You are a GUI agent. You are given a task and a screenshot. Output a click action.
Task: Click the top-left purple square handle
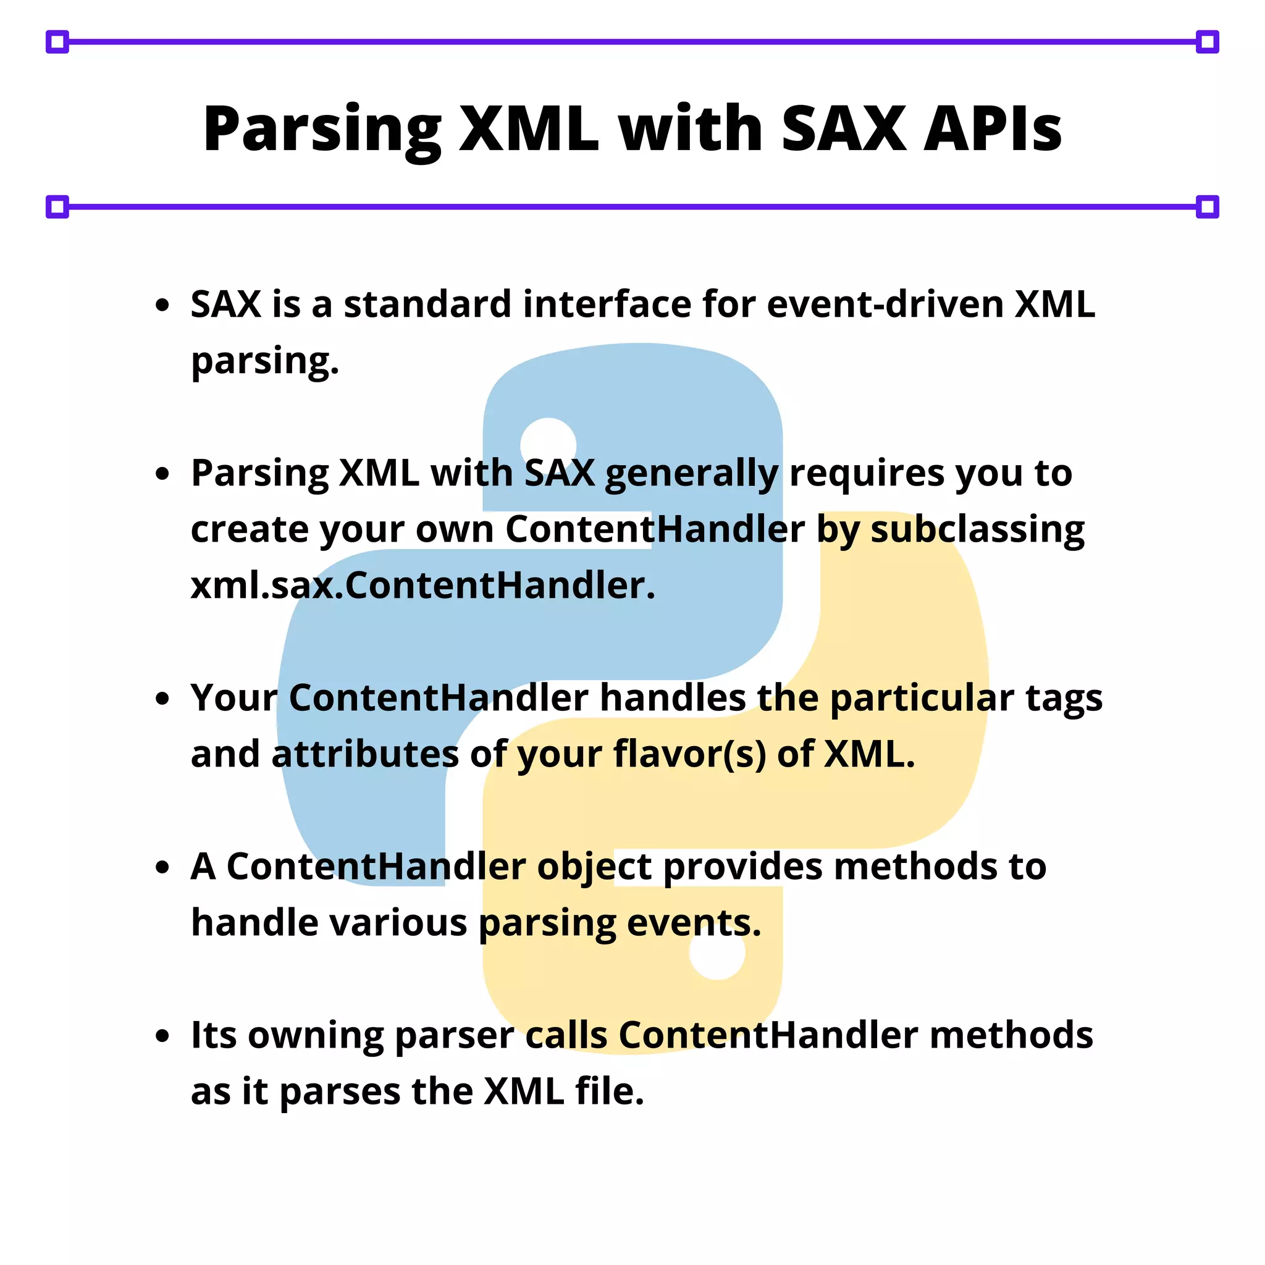point(57,42)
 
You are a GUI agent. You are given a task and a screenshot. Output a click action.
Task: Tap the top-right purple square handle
point(1208,42)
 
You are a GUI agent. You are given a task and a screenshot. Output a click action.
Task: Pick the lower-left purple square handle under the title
point(57,207)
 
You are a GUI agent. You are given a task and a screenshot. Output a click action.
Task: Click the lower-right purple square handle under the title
point(1208,207)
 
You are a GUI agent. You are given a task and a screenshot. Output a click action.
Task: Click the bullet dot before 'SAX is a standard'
point(162,305)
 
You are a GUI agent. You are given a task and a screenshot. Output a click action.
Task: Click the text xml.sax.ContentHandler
point(422,586)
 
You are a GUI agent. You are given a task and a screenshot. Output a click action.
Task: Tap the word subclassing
point(977,531)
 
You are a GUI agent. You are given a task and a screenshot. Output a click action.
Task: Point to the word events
point(694,923)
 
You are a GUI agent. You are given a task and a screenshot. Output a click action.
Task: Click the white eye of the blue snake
point(548,445)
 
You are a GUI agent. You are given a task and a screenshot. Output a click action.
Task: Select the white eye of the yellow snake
point(717,951)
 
